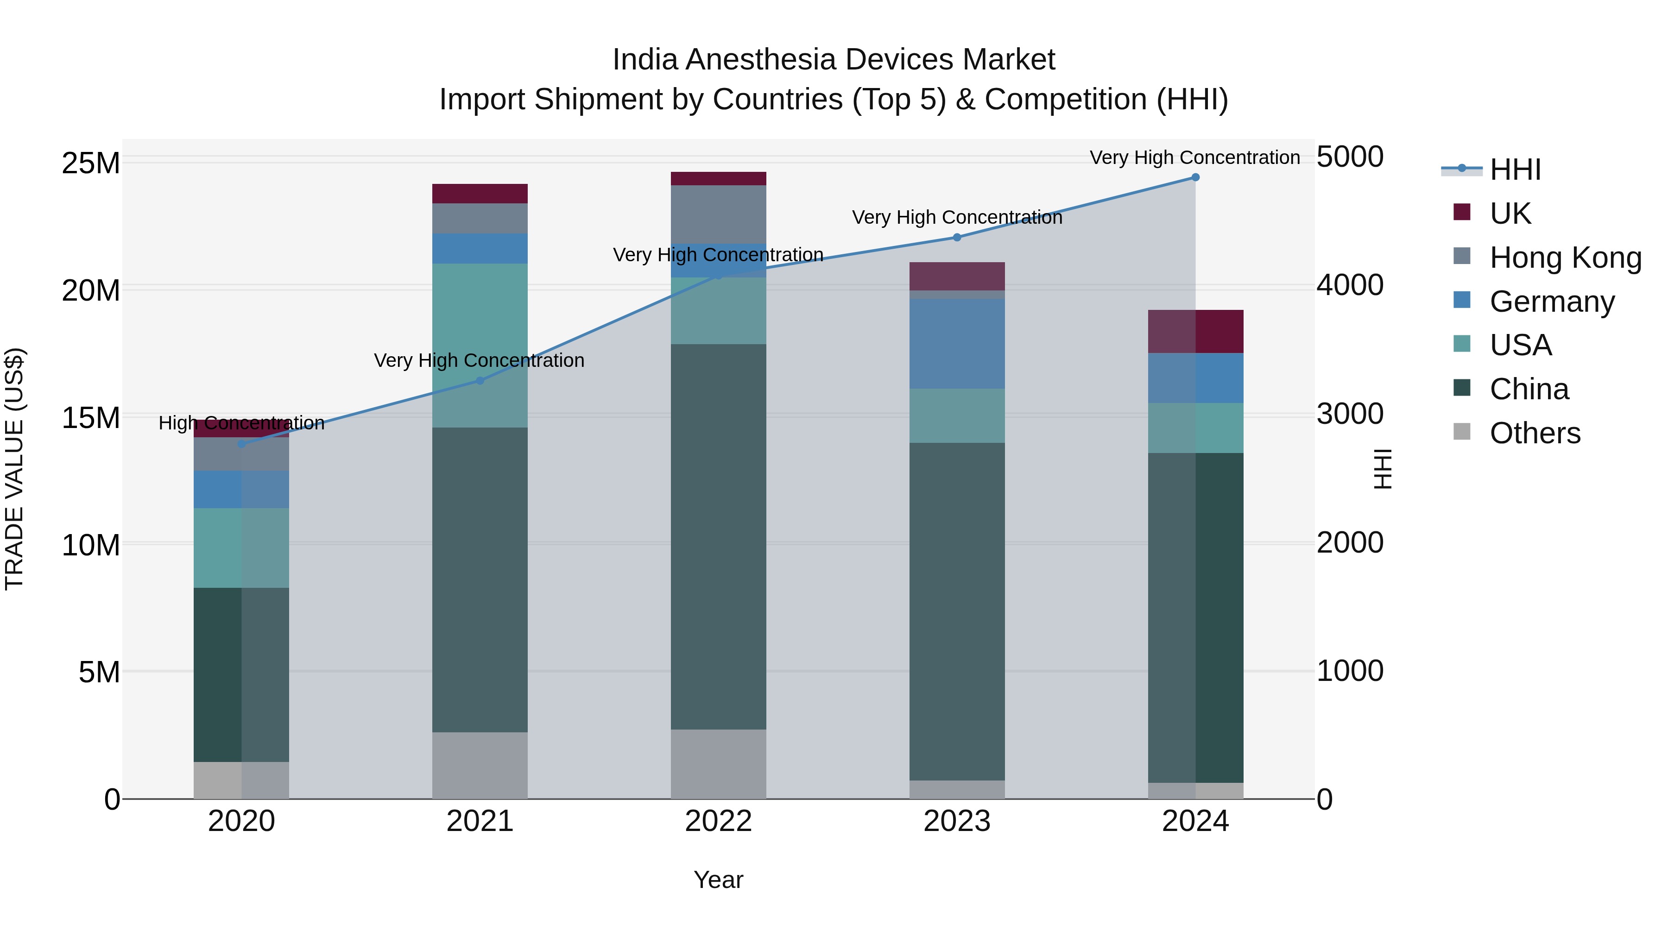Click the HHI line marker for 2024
[x=1195, y=177]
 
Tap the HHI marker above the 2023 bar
[x=957, y=238]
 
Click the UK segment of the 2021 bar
[x=480, y=194]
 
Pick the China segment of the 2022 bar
[x=718, y=537]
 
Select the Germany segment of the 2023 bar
[x=957, y=343]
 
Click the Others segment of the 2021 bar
[x=480, y=765]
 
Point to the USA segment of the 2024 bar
[x=1195, y=428]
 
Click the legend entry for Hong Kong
[x=1565, y=258]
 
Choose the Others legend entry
[x=1535, y=433]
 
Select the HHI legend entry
[x=1515, y=170]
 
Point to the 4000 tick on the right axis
[x=1350, y=285]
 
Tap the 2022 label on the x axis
[x=718, y=821]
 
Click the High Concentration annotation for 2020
[x=241, y=423]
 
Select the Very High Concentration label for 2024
[x=1194, y=157]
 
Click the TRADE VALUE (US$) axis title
[x=14, y=469]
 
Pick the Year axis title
[x=718, y=880]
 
